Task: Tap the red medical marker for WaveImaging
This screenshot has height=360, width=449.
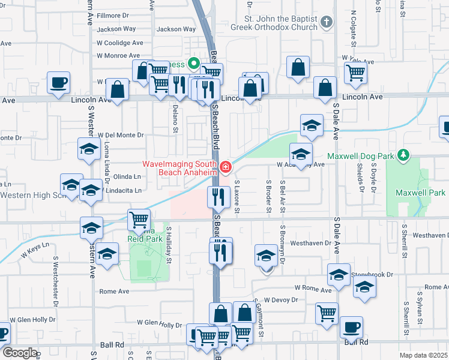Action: tap(225, 167)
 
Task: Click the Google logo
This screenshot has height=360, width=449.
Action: tap(19, 353)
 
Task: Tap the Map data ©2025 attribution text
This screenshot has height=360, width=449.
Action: tap(423, 355)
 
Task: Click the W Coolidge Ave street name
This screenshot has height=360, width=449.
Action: tap(120, 43)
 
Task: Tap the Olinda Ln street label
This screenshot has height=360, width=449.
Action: tap(127, 176)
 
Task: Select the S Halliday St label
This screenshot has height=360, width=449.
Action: tap(169, 245)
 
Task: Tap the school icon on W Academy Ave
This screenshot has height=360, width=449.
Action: tap(301, 153)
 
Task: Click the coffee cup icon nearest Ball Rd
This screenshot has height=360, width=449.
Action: tap(351, 328)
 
